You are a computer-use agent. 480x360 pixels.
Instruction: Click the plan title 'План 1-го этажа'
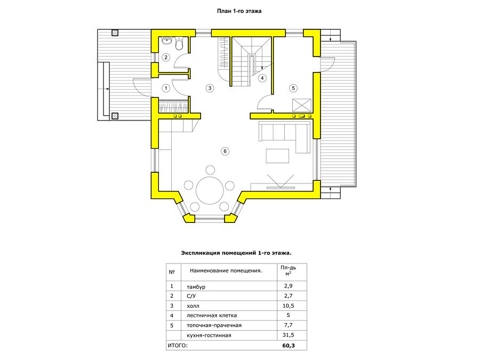[x=239, y=11]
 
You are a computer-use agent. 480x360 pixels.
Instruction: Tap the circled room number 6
[x=225, y=151]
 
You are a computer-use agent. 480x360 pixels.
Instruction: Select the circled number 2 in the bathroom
[x=166, y=57]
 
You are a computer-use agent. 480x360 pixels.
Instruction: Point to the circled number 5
[x=293, y=88]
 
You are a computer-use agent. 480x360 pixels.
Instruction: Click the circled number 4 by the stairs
[x=262, y=78]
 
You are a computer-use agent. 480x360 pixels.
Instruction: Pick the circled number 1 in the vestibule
[x=166, y=89]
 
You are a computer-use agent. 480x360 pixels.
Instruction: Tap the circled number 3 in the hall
[x=210, y=88]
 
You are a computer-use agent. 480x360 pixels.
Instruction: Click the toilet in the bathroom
[x=179, y=44]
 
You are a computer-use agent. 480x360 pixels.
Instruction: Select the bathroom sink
[x=166, y=40]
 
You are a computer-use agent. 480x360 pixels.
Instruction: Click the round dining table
[x=210, y=190]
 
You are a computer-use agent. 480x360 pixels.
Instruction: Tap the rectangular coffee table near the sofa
[x=277, y=156]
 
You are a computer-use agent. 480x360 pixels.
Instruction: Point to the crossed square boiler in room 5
[x=302, y=105]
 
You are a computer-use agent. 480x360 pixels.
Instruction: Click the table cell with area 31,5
[x=289, y=335]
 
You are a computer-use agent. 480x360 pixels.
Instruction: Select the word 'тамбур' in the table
[x=196, y=287]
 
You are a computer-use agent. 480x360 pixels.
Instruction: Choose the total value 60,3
[x=289, y=345]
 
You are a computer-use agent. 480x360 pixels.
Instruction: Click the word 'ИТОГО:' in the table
[x=178, y=345]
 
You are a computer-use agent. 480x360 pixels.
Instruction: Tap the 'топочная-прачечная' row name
[x=214, y=325]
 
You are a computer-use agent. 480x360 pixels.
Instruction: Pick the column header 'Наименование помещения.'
[x=226, y=270]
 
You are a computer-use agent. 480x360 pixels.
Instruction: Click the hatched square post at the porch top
[x=115, y=33]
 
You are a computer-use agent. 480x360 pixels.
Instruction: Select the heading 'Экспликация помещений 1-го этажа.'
[x=236, y=253]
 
